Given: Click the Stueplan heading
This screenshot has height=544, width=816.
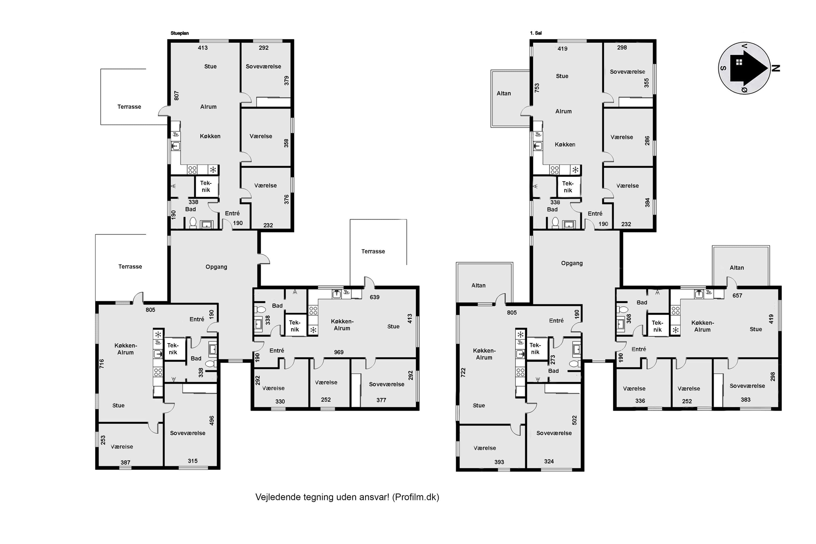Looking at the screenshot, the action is tap(179, 33).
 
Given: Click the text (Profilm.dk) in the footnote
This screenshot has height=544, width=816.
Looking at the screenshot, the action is tap(416, 497).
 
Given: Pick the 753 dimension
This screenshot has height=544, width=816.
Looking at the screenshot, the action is tap(537, 88).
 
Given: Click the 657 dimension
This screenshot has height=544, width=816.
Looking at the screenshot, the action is tap(737, 295).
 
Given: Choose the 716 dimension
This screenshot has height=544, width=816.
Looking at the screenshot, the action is tap(101, 364).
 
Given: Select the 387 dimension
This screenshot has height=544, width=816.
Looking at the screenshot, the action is tap(125, 462).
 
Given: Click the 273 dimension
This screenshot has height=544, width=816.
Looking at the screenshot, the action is tap(553, 360).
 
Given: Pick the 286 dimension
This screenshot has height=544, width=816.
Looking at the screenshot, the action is tap(647, 140).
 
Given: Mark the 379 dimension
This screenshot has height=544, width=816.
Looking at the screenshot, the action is tap(286, 80).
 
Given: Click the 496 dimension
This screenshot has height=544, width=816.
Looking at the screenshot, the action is tap(212, 421).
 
